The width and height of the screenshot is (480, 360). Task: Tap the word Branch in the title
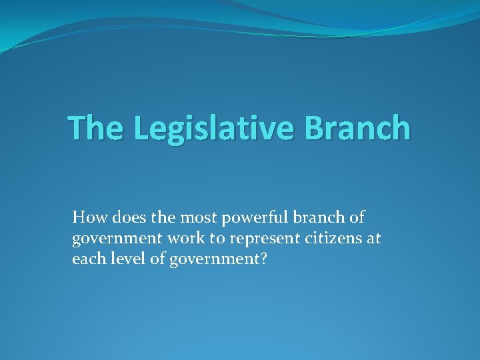(357, 128)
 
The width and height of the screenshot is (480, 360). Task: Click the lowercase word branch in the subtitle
(318, 217)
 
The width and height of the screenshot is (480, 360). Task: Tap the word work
(183, 238)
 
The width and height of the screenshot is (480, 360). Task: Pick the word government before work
(115, 239)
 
